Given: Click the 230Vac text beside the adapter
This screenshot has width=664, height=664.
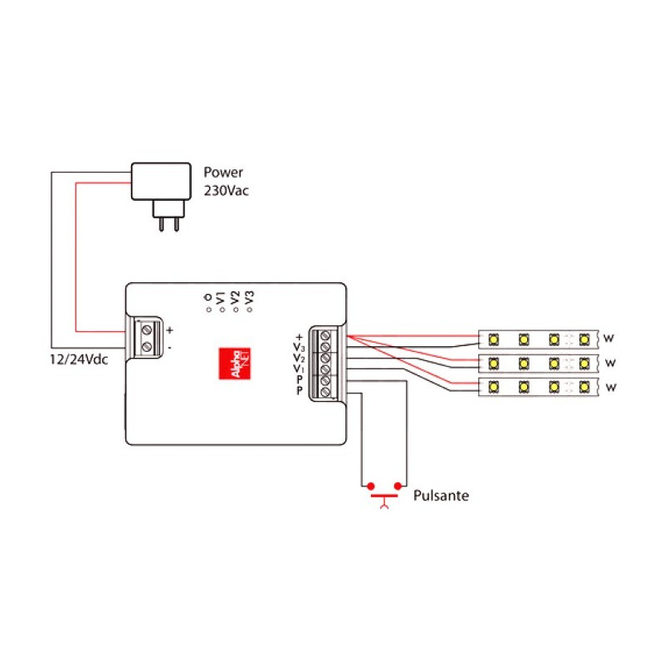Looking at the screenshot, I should tap(227, 190).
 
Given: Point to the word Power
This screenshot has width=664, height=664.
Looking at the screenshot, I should tap(223, 173).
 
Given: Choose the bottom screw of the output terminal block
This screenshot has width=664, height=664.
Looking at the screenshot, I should tap(325, 391).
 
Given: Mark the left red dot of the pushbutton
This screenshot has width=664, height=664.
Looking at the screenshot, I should tap(370, 485).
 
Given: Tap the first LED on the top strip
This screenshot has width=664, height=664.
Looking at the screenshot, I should tap(494, 339).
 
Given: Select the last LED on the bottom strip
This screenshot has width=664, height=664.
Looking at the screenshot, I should tap(586, 387).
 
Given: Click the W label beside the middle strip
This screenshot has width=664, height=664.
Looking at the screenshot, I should tap(610, 363).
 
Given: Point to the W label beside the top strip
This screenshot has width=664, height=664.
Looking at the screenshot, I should tap(610, 339).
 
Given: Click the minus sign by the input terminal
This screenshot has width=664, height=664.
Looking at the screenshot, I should tap(169, 347).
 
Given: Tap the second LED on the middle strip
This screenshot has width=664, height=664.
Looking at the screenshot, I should tap(525, 363).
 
